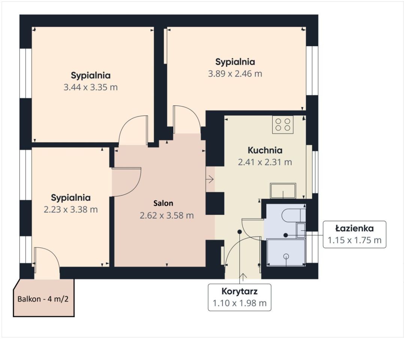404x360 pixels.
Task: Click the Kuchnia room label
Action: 265,150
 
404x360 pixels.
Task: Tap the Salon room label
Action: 163,203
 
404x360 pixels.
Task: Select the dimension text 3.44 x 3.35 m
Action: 91,87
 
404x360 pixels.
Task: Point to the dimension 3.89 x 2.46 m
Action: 235,73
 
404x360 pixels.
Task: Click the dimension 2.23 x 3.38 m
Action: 71,209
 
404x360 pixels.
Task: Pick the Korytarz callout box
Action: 239,297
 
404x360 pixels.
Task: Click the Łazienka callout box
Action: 354,234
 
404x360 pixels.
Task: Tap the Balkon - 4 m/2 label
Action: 43,299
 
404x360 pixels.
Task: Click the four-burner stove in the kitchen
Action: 282,124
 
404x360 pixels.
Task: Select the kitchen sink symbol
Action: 283,190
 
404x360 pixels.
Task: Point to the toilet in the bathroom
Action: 293,215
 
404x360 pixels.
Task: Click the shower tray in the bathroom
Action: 286,253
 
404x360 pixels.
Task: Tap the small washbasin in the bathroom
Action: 301,230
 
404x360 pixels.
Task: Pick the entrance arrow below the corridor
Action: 243,277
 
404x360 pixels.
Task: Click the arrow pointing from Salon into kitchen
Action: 210,179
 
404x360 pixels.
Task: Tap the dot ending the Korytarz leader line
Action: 240,232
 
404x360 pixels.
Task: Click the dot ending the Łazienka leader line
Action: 285,235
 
